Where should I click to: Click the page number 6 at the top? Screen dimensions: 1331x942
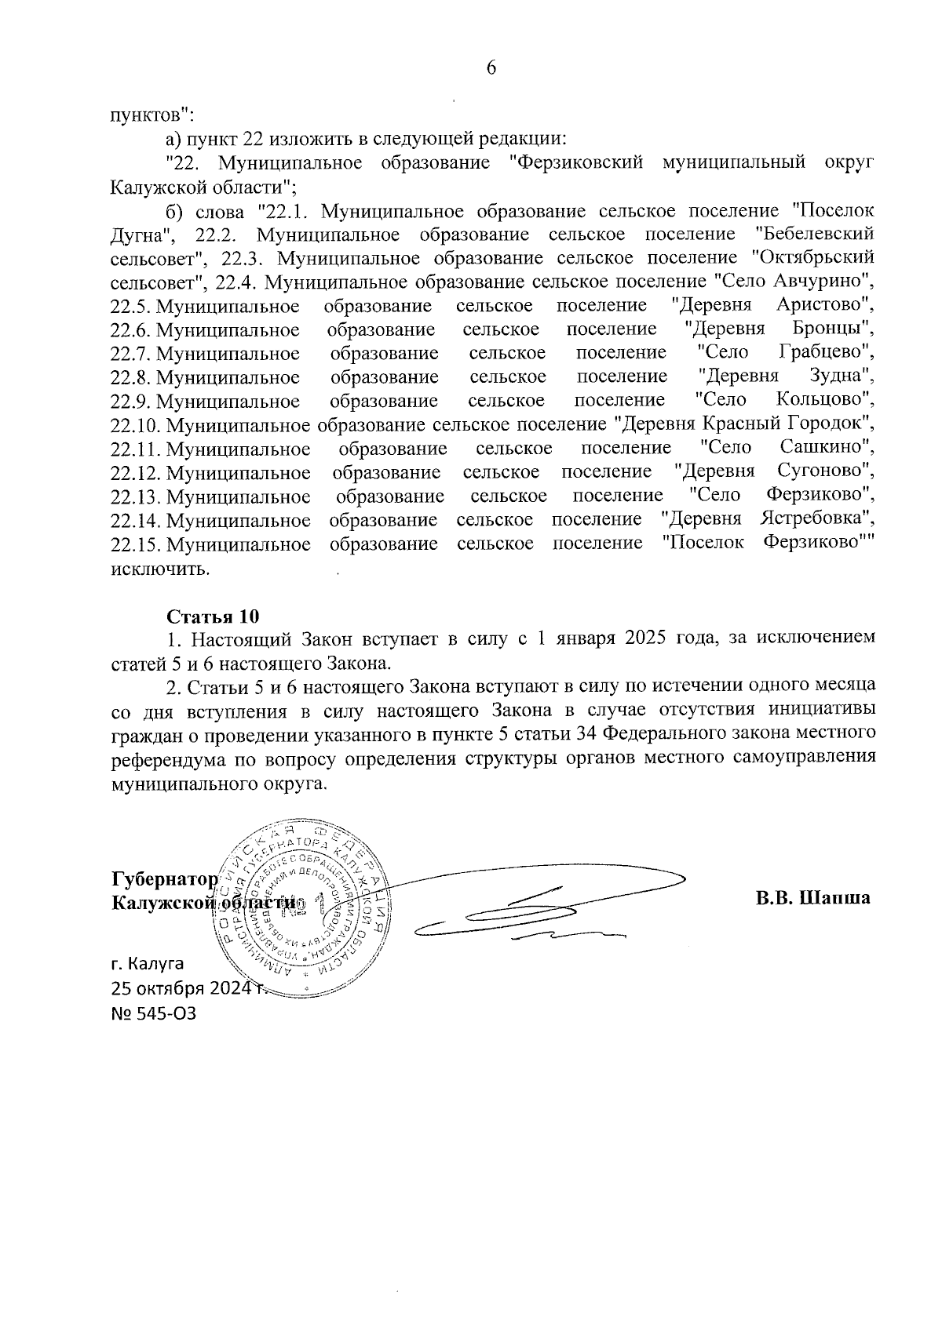click(x=491, y=67)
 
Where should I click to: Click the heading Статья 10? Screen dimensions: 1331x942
click(x=212, y=614)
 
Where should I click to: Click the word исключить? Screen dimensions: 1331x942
click(x=160, y=568)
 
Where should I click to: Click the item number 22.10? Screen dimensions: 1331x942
click(x=135, y=424)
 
